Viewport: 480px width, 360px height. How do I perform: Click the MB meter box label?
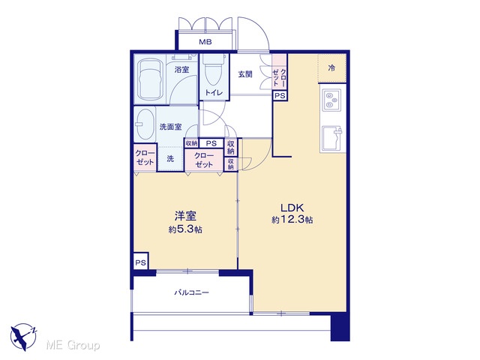point(205,42)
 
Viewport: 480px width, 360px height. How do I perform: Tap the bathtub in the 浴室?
point(150,78)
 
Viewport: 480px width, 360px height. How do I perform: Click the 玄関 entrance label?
point(245,74)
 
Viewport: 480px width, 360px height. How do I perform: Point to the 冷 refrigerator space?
point(331,68)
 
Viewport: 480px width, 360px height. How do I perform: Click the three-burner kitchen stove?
point(331,100)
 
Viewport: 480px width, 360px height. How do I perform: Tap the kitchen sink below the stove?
point(332,138)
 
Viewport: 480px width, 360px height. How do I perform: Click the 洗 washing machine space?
point(170,158)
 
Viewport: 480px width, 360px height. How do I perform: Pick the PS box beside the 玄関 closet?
point(280,96)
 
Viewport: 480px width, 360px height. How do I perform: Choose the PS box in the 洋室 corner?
point(141,262)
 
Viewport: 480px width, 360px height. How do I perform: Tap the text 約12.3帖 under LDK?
point(292,220)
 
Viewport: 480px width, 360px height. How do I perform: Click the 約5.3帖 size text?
point(185,229)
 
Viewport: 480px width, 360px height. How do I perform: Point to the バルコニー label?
point(192,292)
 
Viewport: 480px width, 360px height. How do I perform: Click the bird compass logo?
point(23,337)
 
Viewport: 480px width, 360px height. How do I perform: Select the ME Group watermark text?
point(73,346)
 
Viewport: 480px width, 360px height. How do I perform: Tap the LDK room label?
point(292,208)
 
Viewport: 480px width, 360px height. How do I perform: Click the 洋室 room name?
point(185,216)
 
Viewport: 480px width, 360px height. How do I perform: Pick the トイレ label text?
point(213,92)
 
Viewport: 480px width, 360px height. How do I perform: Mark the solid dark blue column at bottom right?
point(340,327)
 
